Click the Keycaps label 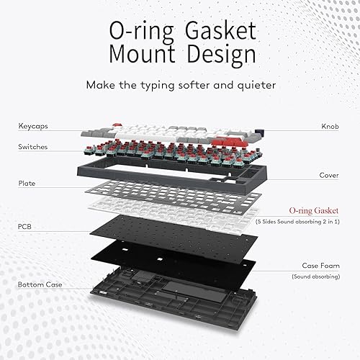[x=34, y=127]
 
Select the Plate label [x=27, y=183]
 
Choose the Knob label [x=330, y=127]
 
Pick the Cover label [x=329, y=175]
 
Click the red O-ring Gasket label [x=314, y=210]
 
